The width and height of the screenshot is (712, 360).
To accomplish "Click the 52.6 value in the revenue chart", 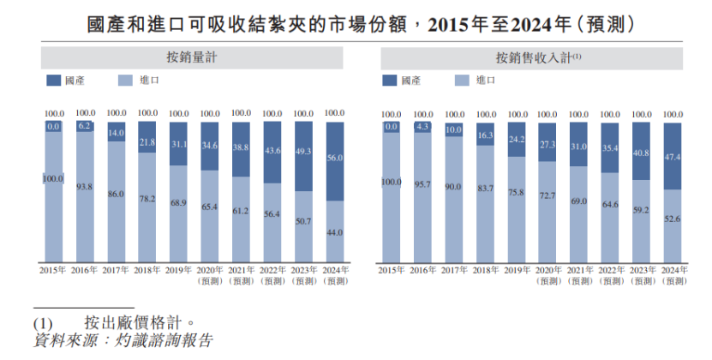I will coord(673,219).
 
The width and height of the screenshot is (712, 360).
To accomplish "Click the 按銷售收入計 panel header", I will coord(533,58).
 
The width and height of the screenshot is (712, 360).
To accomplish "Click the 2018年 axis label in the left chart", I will coord(147,270).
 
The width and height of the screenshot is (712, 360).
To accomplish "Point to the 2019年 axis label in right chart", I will coord(517,270).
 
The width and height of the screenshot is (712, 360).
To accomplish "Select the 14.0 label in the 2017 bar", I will coord(116,134).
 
